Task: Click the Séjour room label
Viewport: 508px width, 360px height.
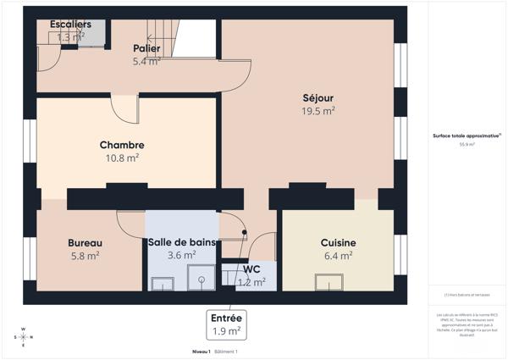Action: [x=318, y=97]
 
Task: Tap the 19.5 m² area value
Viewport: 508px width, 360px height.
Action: [x=318, y=111]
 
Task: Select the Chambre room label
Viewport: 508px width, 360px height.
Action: [x=122, y=145]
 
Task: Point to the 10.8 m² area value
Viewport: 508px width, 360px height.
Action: [x=122, y=158]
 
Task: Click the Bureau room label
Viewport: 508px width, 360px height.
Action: [x=85, y=243]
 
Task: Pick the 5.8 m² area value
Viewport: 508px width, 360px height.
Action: [x=85, y=256]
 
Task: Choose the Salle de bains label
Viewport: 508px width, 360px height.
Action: [x=182, y=242]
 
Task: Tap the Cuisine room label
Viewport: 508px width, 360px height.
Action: [x=338, y=243]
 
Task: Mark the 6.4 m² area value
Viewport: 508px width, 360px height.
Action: [x=338, y=256]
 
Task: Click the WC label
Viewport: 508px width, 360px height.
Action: [x=251, y=270]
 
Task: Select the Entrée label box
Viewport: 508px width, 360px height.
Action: [x=226, y=324]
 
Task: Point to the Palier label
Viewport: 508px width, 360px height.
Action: [x=146, y=48]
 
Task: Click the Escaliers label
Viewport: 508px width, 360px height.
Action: [x=70, y=24]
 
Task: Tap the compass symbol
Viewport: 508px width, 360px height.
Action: [x=24, y=337]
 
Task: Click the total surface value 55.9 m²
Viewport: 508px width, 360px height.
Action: [x=467, y=145]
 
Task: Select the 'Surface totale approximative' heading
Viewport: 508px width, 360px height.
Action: [x=467, y=136]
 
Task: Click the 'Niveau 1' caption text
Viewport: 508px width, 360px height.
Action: [x=201, y=351]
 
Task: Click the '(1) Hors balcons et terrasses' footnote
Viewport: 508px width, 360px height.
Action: [x=467, y=294]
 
